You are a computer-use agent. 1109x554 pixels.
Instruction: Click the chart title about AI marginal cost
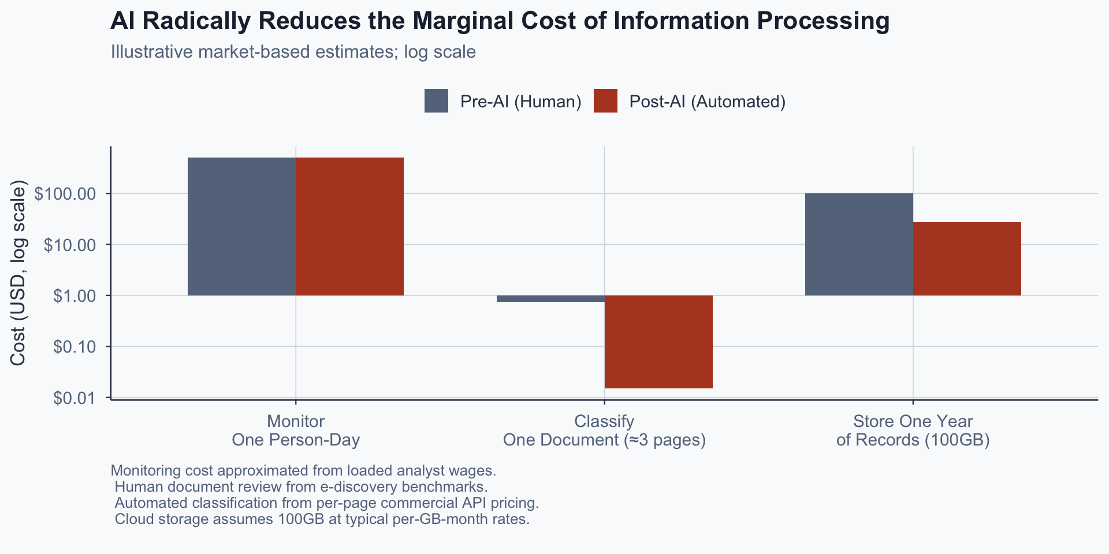pyautogui.click(x=500, y=21)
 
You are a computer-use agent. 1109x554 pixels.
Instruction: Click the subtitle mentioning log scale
pyautogui.click(x=293, y=52)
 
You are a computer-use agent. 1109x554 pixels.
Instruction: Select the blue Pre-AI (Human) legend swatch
pyautogui.click(x=436, y=101)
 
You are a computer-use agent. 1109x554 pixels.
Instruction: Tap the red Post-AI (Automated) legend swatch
pyautogui.click(x=605, y=101)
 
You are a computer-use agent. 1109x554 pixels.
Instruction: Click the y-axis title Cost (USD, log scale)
pyautogui.click(x=18, y=273)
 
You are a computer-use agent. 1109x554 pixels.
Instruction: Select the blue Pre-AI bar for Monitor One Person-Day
pyautogui.click(x=241, y=226)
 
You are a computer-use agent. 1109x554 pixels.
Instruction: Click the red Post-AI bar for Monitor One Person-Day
pyautogui.click(x=349, y=226)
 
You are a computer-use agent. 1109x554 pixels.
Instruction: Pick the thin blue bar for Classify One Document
pyautogui.click(x=550, y=298)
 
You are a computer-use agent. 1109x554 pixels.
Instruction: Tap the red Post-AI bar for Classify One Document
pyautogui.click(x=658, y=342)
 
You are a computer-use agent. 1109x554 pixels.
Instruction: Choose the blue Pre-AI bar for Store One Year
pyautogui.click(x=859, y=244)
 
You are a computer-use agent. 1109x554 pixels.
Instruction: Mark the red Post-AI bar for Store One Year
pyautogui.click(x=967, y=259)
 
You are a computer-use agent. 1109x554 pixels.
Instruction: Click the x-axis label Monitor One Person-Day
pyautogui.click(x=296, y=431)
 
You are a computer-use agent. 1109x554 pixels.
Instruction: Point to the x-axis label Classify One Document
pyautogui.click(x=604, y=431)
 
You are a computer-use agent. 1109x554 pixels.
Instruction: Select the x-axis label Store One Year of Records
pyautogui.click(x=913, y=431)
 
